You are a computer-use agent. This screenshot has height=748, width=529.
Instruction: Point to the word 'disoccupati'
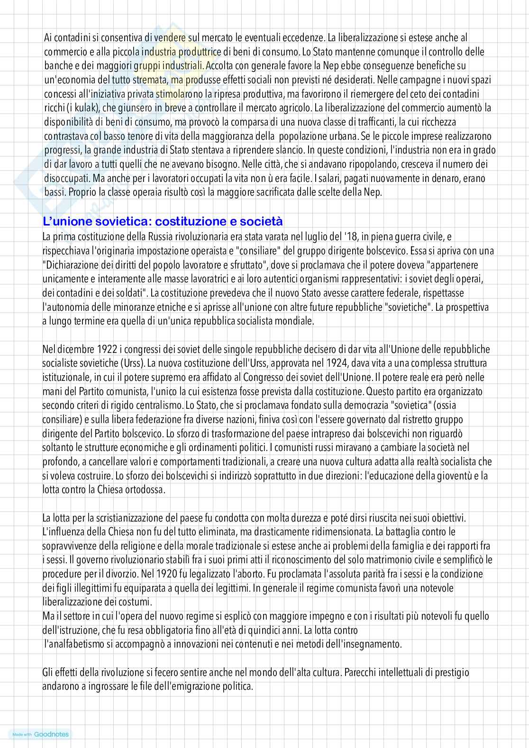[x=63, y=179]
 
